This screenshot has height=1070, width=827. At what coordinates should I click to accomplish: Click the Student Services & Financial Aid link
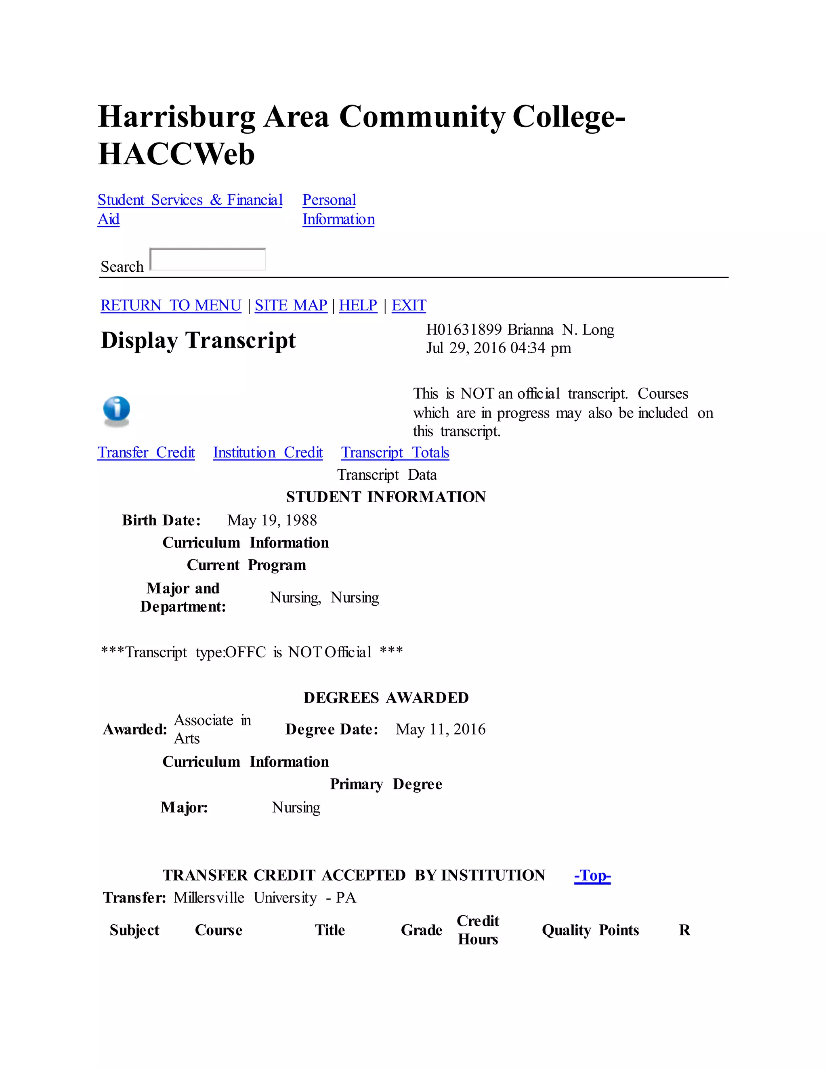pyautogui.click(x=190, y=200)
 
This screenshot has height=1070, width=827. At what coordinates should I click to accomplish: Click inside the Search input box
pyautogui.click(x=208, y=259)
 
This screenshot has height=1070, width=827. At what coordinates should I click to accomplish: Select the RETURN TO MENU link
pyautogui.click(x=170, y=305)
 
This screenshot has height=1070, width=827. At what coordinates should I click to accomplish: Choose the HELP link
pyautogui.click(x=358, y=305)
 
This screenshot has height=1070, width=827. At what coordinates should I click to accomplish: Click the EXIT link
pyautogui.click(x=409, y=305)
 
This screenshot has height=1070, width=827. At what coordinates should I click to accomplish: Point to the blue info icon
pyautogui.click(x=117, y=410)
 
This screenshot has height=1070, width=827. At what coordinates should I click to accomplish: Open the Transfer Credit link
pyautogui.click(x=146, y=452)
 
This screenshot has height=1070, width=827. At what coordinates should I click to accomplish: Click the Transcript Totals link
pyautogui.click(x=395, y=452)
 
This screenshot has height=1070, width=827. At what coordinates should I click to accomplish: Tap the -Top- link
pyautogui.click(x=592, y=875)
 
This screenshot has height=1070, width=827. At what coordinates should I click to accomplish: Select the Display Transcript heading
pyautogui.click(x=198, y=340)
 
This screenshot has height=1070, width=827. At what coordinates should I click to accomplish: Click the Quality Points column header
pyautogui.click(x=590, y=930)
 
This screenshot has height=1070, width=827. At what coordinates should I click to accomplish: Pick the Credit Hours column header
pyautogui.click(x=478, y=930)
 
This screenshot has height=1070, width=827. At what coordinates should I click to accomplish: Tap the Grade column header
pyautogui.click(x=421, y=930)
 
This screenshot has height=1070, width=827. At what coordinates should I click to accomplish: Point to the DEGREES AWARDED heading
pyautogui.click(x=386, y=698)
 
